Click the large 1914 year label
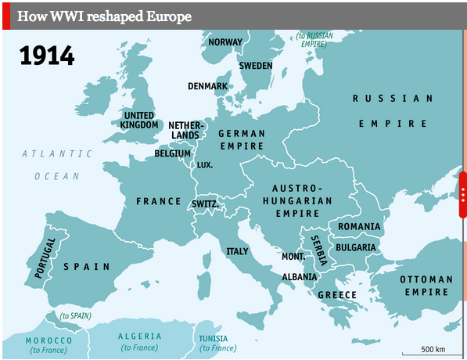(x=47, y=56)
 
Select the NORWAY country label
(x=225, y=42)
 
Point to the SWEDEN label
(x=255, y=66)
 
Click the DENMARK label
(x=207, y=86)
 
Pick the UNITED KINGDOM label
(x=142, y=120)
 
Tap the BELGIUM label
(x=172, y=154)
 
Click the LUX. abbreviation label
(x=204, y=165)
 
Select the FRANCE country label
(x=159, y=201)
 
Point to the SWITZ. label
(x=204, y=204)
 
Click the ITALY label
(x=237, y=251)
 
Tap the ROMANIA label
(x=359, y=227)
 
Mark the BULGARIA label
(x=357, y=247)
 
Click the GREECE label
(x=338, y=295)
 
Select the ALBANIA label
(x=300, y=277)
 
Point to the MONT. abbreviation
(x=293, y=257)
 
